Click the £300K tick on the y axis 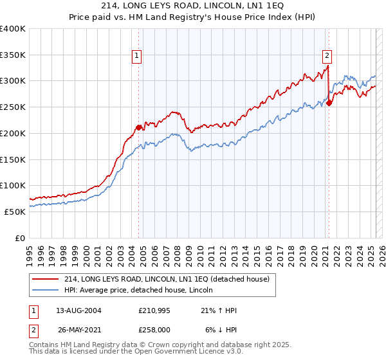[x=13, y=81]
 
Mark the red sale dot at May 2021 [x=329, y=103]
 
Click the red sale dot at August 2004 [x=139, y=127]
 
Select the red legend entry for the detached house [x=170, y=278]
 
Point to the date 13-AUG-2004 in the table [x=78, y=310]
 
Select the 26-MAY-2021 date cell [x=78, y=329]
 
